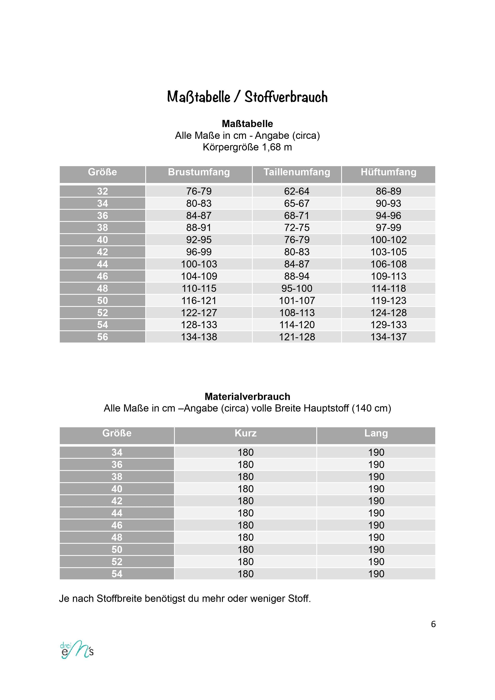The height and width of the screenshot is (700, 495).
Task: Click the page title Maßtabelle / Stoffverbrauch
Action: click(247, 97)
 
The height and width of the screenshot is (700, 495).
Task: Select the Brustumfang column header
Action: click(199, 172)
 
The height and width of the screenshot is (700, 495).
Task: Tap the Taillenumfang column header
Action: click(297, 172)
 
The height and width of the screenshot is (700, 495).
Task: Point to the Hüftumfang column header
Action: click(388, 172)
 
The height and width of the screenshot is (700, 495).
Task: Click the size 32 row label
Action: click(102, 191)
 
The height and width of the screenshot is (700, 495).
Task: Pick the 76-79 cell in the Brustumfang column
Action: click(199, 191)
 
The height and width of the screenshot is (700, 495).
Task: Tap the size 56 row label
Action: click(102, 337)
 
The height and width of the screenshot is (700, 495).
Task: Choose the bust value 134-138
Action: click(199, 337)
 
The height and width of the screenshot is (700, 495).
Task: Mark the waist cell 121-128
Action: click(297, 337)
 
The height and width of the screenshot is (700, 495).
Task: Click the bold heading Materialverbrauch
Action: click(247, 396)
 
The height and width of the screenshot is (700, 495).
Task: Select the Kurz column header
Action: click(246, 433)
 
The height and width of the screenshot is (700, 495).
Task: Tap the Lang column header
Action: click(376, 433)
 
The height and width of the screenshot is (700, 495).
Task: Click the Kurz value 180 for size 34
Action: click(246, 452)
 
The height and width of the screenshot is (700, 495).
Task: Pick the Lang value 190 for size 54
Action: click(376, 574)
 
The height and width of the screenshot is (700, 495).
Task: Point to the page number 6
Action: click(433, 624)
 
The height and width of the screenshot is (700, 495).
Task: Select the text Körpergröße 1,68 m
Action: click(247, 147)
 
